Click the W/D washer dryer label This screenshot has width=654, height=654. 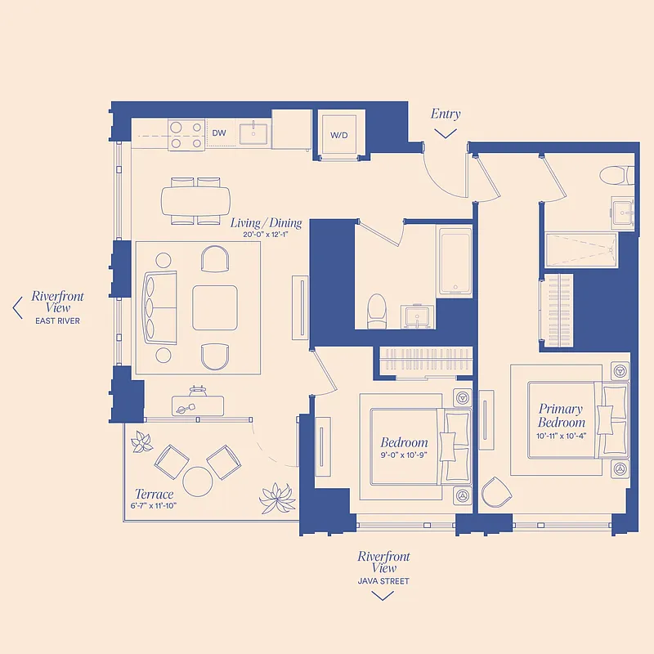[x=339, y=134]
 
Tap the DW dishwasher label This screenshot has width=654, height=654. [x=219, y=132]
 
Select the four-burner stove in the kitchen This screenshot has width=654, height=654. [x=186, y=134]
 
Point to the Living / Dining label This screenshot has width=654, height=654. [x=266, y=222]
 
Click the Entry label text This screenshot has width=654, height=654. [x=446, y=114]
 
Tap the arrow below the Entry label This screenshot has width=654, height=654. [x=446, y=133]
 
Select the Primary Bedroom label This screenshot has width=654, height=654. [x=561, y=415]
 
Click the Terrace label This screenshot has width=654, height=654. [x=155, y=494]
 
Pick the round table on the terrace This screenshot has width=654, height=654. [x=198, y=481]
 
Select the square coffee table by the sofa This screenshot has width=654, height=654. [x=215, y=307]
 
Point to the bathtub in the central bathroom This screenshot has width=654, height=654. [x=455, y=262]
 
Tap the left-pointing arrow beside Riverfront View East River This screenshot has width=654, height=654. [x=17, y=307]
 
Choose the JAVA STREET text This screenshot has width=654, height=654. [x=383, y=581]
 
